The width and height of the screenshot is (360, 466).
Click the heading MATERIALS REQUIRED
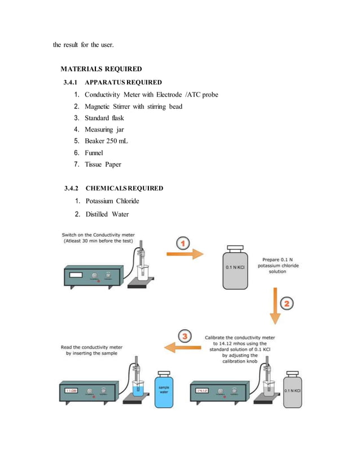point(101,69)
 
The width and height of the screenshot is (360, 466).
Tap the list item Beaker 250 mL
point(106,141)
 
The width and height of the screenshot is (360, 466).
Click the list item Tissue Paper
point(103,165)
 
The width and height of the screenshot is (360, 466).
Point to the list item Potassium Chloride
point(112,201)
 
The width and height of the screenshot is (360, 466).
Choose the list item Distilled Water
point(107,214)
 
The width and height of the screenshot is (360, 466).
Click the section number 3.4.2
point(73,188)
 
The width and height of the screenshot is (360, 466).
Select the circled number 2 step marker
point(287,304)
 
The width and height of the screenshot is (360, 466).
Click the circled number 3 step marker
point(185,337)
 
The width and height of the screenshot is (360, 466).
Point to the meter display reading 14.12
point(203,389)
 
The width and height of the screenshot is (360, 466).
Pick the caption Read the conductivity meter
point(92,350)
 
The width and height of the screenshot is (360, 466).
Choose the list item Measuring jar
point(104,130)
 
